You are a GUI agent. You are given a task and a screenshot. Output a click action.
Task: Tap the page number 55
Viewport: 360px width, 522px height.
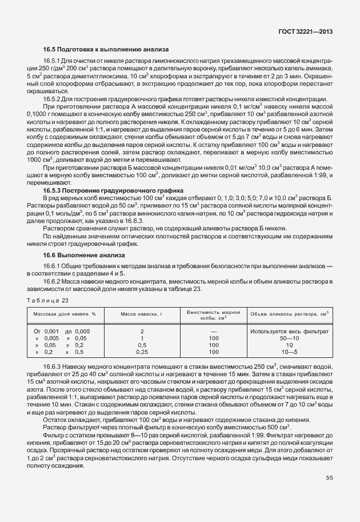pyautogui.click(x=330, y=477)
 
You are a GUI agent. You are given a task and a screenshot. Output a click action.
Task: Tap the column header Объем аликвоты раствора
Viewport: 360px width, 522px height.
pyautogui.click(x=290, y=314)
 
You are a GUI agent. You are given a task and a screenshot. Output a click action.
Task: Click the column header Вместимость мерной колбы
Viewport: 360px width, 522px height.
pyautogui.click(x=214, y=314)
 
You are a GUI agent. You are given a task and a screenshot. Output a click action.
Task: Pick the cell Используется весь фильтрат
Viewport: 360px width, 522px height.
pyautogui.click(x=290, y=331)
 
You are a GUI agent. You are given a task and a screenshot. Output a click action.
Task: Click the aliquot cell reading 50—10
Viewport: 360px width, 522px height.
pyautogui.click(x=290, y=338)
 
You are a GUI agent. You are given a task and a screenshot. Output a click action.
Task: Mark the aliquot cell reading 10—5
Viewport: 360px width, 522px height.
pyautogui.click(x=290, y=352)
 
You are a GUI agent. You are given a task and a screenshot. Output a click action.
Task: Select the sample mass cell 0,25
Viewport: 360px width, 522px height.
pyautogui.click(x=142, y=352)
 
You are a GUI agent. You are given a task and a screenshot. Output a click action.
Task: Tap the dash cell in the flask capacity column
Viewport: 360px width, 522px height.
pyautogui.click(x=214, y=331)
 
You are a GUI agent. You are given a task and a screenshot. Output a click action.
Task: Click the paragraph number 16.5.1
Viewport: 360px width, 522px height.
pyautogui.click(x=53, y=61)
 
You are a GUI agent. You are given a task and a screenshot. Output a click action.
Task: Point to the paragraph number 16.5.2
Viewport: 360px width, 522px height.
pyautogui.click(x=53, y=99)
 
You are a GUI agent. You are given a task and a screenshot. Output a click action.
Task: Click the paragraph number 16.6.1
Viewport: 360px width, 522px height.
pyautogui.click(x=53, y=267)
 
